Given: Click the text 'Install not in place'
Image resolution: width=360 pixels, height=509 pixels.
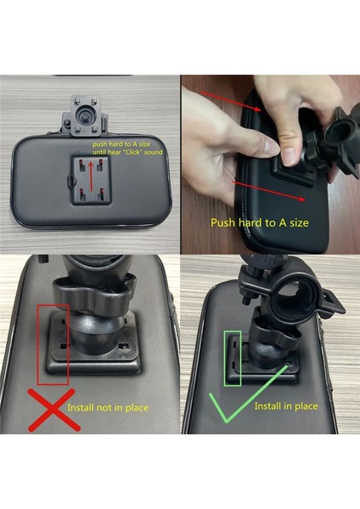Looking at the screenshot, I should (108, 408).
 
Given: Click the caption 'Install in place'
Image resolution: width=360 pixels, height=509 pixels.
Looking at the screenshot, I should (286, 406).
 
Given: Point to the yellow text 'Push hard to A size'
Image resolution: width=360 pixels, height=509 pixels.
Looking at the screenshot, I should (259, 223).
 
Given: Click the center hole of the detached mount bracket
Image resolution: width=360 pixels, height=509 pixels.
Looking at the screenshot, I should (86, 113).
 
